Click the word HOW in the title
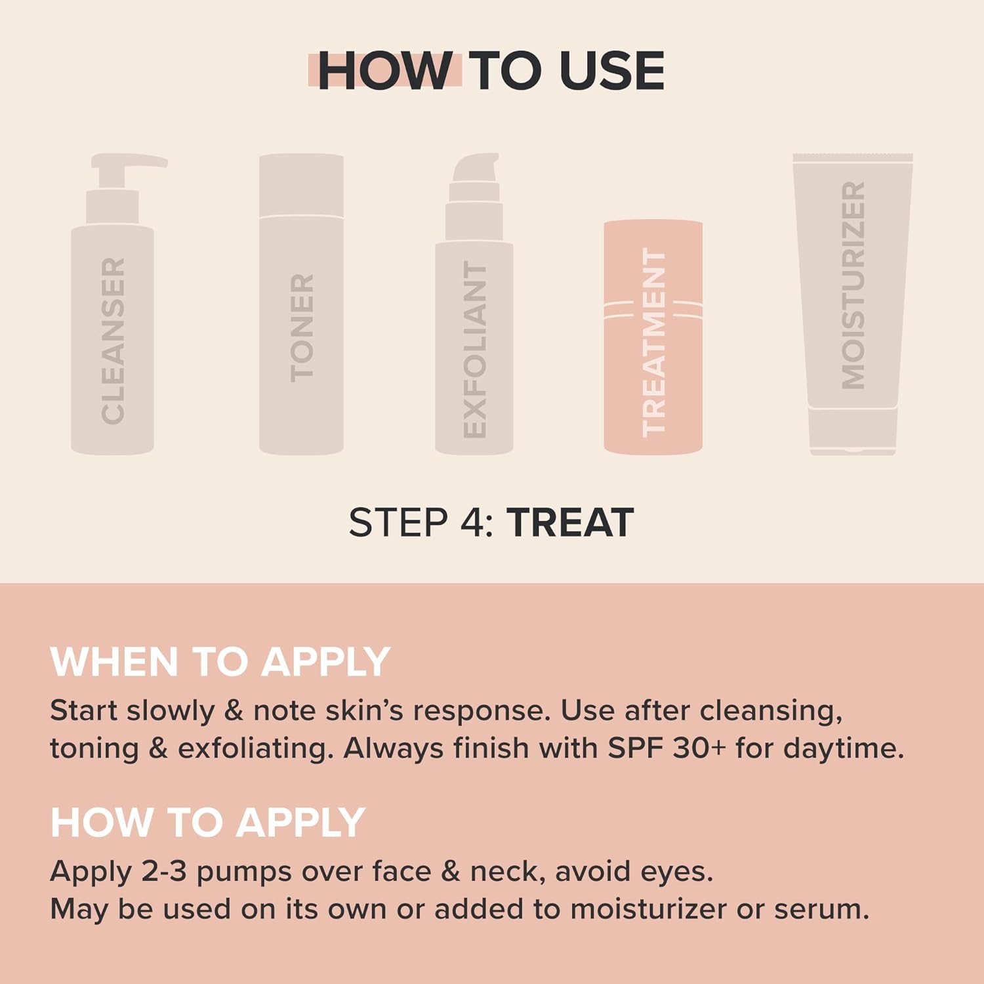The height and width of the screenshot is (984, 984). coord(384,70)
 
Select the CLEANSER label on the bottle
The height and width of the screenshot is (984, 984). coord(113,340)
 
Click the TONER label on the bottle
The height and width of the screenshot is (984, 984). coord(302,328)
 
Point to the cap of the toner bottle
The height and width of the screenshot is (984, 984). coord(301,185)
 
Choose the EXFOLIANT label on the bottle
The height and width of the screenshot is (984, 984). coord(474,349)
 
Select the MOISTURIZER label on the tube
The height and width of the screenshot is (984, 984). coord(853,285)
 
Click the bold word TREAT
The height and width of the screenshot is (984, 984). coord(569,523)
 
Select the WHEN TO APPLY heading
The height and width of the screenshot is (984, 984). coord(220,661)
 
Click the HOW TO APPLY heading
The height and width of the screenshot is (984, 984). coord(207,822)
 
